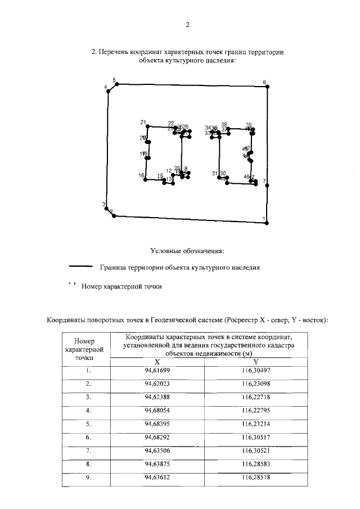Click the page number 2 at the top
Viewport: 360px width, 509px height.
pyautogui.click(x=187, y=24)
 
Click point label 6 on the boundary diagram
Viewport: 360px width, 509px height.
pyautogui.click(x=264, y=83)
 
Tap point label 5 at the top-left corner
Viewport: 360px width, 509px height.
pyautogui.click(x=114, y=80)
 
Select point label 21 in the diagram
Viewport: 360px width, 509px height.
pyautogui.click(x=143, y=123)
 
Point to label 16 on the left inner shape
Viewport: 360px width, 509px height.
pyautogui.click(x=141, y=176)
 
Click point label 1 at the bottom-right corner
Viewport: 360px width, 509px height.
pyautogui.click(x=264, y=219)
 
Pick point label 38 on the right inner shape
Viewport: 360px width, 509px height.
pyautogui.click(x=224, y=124)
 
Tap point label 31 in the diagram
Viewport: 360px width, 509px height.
pyautogui.click(x=215, y=173)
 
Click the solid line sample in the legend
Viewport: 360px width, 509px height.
pyautogui.click(x=80, y=267)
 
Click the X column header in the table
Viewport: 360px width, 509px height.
pyautogui.click(x=157, y=362)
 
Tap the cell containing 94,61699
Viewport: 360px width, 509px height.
pyautogui.click(x=157, y=371)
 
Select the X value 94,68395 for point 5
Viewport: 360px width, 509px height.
pyautogui.click(x=157, y=424)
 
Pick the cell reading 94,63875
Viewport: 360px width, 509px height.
pyautogui.click(x=157, y=464)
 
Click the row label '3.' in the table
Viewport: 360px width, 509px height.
pyautogui.click(x=88, y=398)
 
